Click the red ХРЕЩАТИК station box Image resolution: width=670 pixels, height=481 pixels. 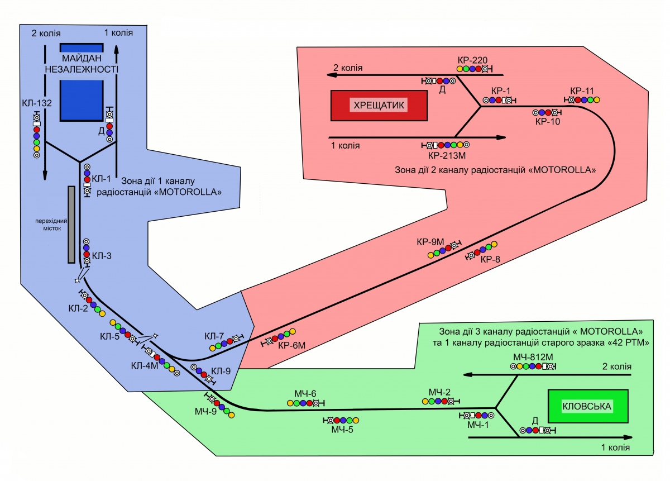point(379,105)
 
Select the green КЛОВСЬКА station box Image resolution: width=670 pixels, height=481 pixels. point(588,406)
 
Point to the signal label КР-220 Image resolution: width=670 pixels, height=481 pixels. point(472,59)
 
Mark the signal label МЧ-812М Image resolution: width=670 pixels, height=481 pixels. point(533,356)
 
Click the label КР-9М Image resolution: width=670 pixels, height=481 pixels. point(430,242)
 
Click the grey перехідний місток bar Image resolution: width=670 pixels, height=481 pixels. point(71,224)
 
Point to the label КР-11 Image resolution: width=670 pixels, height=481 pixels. point(582,91)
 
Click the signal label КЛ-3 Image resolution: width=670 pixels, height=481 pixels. point(102,256)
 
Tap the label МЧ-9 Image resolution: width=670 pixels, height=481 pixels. point(205,412)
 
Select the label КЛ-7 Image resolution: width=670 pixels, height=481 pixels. point(214,336)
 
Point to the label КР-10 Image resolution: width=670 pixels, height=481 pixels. point(547,121)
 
